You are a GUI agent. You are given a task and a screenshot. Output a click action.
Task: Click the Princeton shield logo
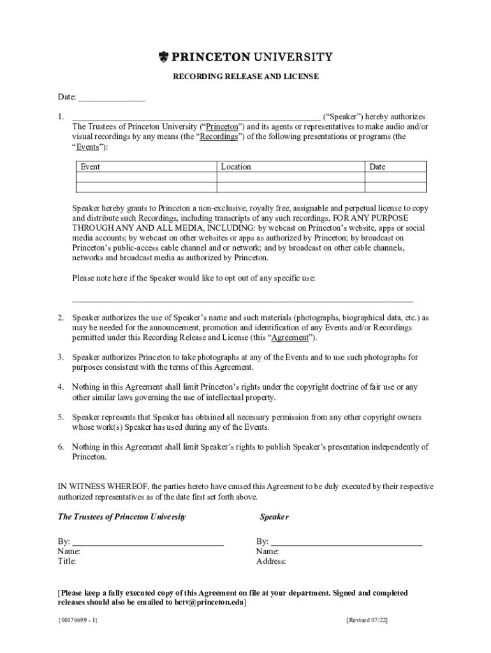coord(164,57)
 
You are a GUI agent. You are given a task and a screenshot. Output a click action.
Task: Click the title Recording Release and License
coord(246,77)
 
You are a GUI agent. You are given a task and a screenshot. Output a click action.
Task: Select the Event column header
coord(90,167)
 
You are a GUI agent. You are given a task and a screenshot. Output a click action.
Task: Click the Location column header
coord(236,167)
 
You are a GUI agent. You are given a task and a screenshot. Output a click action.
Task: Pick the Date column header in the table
coord(377,167)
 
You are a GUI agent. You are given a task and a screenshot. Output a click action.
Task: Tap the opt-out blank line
coord(242,299)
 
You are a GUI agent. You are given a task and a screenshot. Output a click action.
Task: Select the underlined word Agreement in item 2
coord(290,337)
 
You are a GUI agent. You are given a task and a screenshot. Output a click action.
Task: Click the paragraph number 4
coord(61,387)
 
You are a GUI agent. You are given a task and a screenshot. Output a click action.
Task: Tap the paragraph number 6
coord(61,447)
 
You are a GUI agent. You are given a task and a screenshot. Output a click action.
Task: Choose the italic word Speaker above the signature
coord(274,517)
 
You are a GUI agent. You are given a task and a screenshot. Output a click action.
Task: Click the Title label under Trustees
coord(67,562)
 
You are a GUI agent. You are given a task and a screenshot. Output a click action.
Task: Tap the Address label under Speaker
coord(271,562)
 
